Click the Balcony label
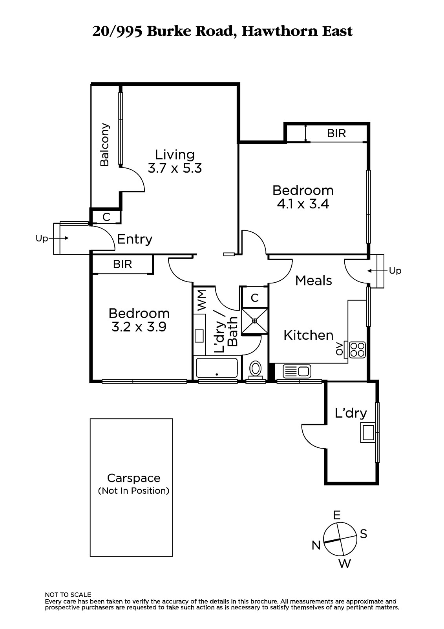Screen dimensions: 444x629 [104, 145]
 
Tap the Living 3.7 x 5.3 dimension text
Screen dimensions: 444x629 [175, 168]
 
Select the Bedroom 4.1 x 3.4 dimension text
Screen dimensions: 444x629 [303, 204]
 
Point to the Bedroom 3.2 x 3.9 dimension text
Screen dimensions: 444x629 [139, 327]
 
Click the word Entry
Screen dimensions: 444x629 [135, 239]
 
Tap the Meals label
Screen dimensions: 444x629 [314, 280]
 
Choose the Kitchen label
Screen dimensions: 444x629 [308, 335]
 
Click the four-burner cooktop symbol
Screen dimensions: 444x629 [357, 349]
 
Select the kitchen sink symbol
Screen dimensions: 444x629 [297, 371]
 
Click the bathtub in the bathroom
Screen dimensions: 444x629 [217, 368]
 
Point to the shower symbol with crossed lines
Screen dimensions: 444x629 [254, 321]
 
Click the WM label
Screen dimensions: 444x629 [201, 300]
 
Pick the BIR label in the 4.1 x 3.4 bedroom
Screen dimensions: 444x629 [336, 133]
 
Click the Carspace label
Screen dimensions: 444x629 [134, 478]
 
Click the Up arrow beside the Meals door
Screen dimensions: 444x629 [378, 271]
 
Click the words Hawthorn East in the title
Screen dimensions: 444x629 [297, 31]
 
